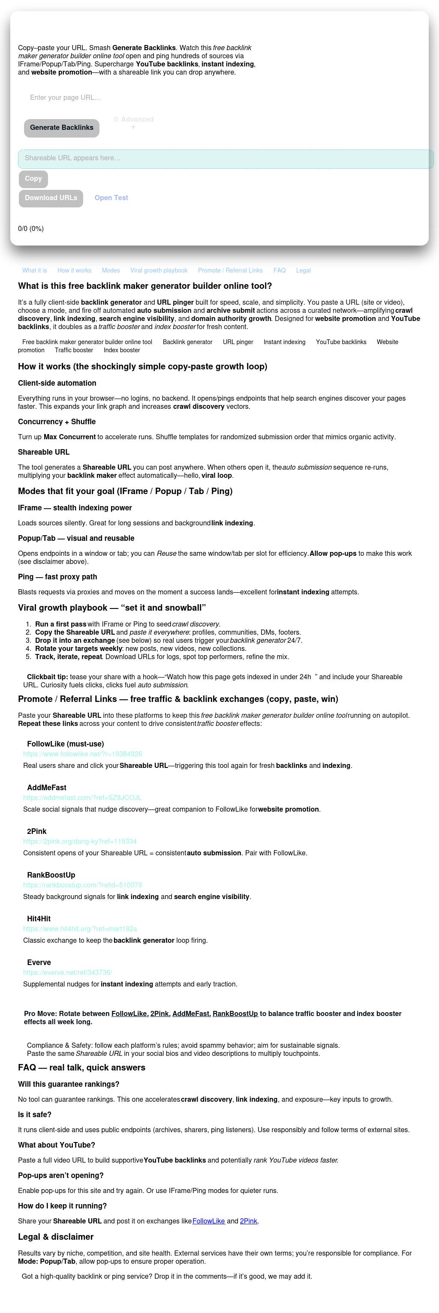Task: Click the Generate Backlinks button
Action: pos(61,127)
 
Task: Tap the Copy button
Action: pos(33,178)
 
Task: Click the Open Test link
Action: pos(111,198)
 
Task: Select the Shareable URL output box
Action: pos(226,159)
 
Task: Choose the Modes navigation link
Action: pos(111,271)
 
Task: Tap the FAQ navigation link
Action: pos(280,271)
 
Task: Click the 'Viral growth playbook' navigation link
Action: pos(159,271)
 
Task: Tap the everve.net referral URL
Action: pos(67,972)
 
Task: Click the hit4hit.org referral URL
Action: pos(80,929)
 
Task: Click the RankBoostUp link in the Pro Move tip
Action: pos(235,1013)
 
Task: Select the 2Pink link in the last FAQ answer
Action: pos(248,1221)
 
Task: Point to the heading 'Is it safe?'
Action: pos(35,1115)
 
